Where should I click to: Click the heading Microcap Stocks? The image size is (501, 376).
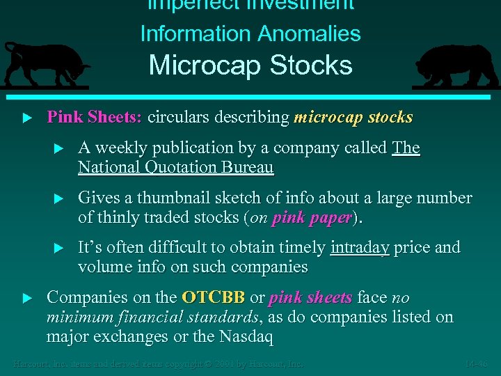pos(250,65)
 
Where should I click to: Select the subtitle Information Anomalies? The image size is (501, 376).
pos(250,33)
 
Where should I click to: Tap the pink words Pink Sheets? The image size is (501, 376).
pos(94,117)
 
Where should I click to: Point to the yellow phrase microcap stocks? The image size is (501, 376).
pos(353,117)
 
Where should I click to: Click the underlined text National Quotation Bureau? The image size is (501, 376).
pos(175,167)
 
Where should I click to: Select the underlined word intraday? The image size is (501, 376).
pos(360,248)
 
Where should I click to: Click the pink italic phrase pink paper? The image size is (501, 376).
pos(311,217)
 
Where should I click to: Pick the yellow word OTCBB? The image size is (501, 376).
pos(213,298)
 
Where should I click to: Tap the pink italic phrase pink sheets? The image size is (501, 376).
pos(310,298)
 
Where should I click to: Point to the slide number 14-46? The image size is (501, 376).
pos(477,364)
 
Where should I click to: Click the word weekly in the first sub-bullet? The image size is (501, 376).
pos(116,148)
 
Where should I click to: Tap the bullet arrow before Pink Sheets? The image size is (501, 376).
pos(27,118)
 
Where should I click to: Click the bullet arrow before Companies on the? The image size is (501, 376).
pos(27,298)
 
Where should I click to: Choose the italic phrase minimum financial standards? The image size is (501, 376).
pos(152,318)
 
